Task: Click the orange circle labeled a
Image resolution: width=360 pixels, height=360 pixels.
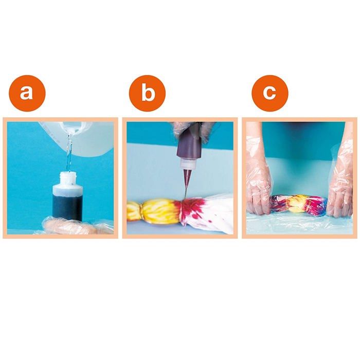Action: tap(27, 93)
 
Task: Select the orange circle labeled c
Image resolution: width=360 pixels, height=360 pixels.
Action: tap(269, 93)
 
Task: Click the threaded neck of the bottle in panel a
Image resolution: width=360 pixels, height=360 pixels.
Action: tap(68, 178)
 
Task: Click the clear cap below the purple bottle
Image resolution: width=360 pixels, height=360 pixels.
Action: tap(186, 165)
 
